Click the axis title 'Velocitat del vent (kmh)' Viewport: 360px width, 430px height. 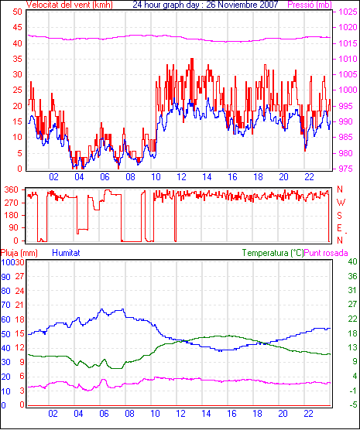coord(70,5)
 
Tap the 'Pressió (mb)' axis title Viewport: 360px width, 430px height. coord(310,5)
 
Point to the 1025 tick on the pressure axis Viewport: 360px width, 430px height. coord(348,12)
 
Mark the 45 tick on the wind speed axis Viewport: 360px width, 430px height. coord(17,27)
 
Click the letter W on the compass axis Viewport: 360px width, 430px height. coord(341,203)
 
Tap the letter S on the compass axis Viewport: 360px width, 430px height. coord(339,216)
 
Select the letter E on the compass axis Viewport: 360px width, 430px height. coord(339,228)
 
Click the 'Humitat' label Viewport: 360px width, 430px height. coord(66,253)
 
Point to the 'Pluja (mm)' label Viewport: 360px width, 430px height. coord(19,253)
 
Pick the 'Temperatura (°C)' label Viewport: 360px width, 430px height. coord(273,253)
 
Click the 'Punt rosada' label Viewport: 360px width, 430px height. coord(326,253)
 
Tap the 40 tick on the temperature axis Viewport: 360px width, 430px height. coord(352,261)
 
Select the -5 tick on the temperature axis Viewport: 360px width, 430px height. coord(353,404)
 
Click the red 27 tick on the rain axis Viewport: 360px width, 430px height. coord(19,276)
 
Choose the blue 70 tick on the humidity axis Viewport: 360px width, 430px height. coord(5,305)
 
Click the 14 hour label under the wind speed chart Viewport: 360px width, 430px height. coord(207,177)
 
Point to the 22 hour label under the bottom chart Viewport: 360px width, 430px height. coord(308,413)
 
